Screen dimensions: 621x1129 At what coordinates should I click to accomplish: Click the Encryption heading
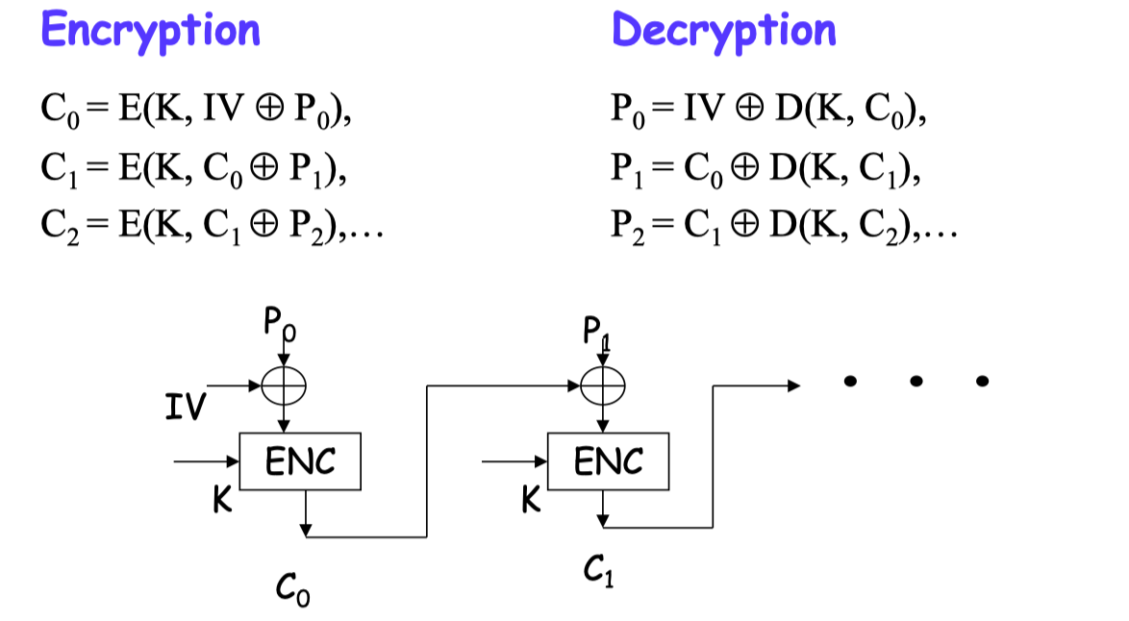pos(151,31)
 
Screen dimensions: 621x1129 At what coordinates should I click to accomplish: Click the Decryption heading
pos(724,31)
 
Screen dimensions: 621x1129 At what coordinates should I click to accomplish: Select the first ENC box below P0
pos(300,462)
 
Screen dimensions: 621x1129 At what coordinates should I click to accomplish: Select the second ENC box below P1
pos(608,462)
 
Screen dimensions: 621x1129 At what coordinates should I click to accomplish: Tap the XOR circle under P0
pos(284,386)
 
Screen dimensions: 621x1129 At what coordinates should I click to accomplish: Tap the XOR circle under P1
pos(603,386)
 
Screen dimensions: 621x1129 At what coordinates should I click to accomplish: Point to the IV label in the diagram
pos(184,409)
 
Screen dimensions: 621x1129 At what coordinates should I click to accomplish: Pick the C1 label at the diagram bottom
pos(597,574)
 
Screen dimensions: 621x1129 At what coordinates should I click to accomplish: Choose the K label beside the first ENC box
pos(222,500)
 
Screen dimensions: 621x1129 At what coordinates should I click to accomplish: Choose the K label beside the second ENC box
pos(530,500)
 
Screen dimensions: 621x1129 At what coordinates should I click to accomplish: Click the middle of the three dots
pos(916,383)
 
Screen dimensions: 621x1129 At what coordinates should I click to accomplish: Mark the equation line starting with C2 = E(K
pos(212,229)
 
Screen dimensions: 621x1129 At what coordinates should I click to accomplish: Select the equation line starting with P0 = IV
pos(769,118)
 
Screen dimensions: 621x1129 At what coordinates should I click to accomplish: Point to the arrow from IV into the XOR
pos(235,386)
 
